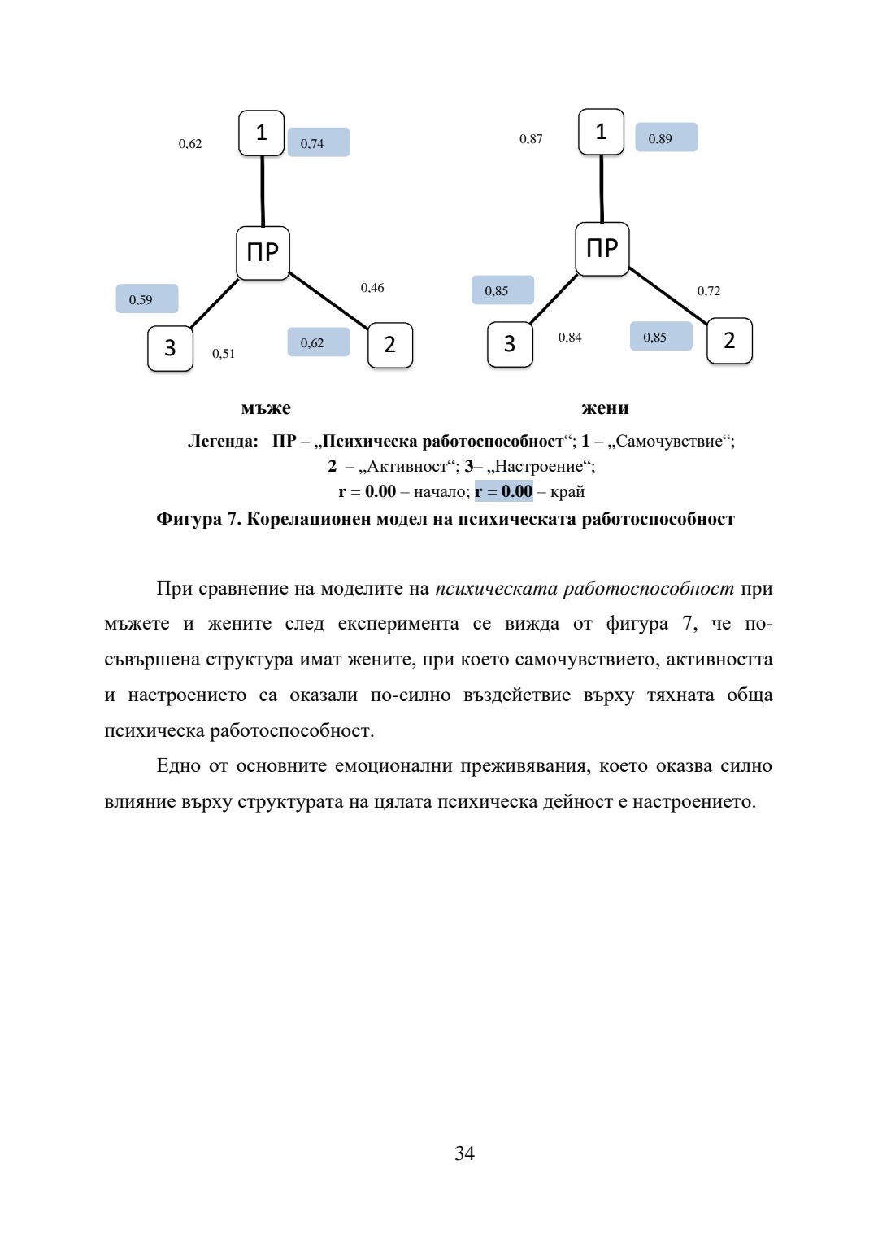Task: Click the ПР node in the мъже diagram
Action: (x=263, y=253)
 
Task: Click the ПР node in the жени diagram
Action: (x=602, y=249)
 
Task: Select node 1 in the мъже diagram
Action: (x=261, y=133)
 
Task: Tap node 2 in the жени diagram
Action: (x=729, y=341)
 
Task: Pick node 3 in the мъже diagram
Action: (x=170, y=348)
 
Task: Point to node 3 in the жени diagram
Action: (x=510, y=344)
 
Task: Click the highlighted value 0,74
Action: (x=318, y=143)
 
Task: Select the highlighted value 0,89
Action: (x=666, y=138)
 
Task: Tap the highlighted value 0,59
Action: (x=146, y=299)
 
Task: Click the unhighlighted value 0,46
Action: (x=372, y=288)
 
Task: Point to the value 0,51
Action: (x=224, y=354)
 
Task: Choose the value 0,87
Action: (x=531, y=139)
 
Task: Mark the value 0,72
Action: (x=709, y=291)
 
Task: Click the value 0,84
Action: (x=570, y=338)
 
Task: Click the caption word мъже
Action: (x=266, y=408)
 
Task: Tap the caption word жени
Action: (x=605, y=408)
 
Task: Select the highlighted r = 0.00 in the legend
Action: (x=504, y=491)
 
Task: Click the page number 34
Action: (x=464, y=1153)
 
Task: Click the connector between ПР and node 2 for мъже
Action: (x=329, y=300)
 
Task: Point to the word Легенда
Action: (x=223, y=442)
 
